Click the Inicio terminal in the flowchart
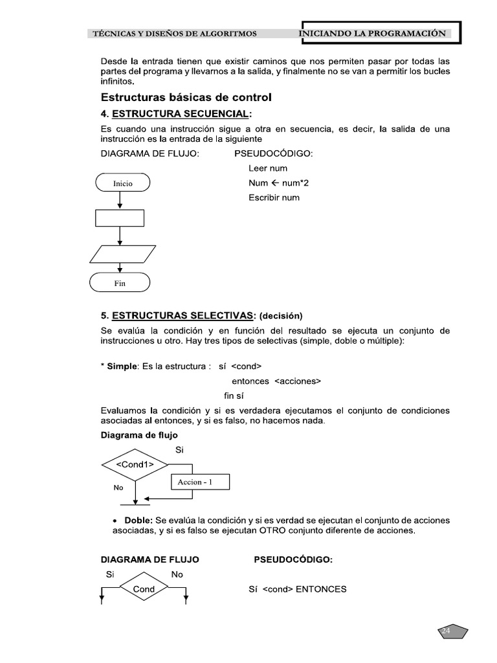click(122, 184)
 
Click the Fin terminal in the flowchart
click(120, 283)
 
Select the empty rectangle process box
click(120, 218)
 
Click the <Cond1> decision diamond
click(135, 464)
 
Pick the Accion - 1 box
click(199, 482)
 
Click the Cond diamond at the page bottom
click(144, 589)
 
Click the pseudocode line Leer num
click(268, 168)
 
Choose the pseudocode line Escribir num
click(274, 197)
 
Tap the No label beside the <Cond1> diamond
click(118, 488)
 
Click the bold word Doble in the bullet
click(138, 521)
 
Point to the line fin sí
click(234, 396)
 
